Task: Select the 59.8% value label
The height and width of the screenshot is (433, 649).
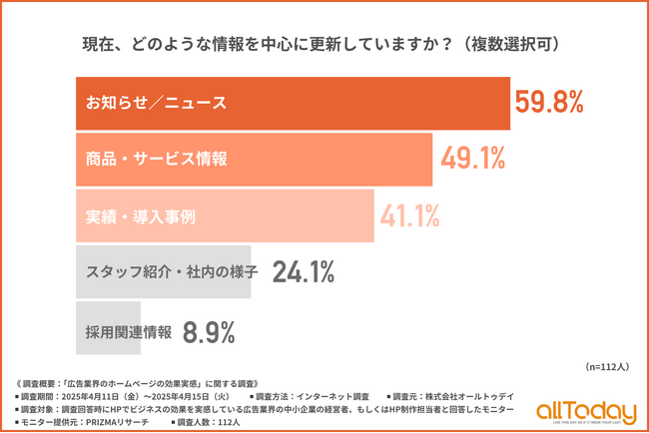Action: click(x=549, y=102)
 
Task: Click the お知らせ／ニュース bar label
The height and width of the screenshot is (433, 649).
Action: click(x=157, y=102)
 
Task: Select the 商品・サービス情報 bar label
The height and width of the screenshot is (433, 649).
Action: click(x=157, y=158)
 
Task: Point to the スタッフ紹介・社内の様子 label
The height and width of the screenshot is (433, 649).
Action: click(x=172, y=271)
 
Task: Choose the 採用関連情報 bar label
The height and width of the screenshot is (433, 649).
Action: click(x=128, y=329)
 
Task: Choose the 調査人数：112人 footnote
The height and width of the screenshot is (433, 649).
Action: click(x=211, y=422)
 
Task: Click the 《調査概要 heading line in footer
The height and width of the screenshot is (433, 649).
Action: click(x=139, y=382)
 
